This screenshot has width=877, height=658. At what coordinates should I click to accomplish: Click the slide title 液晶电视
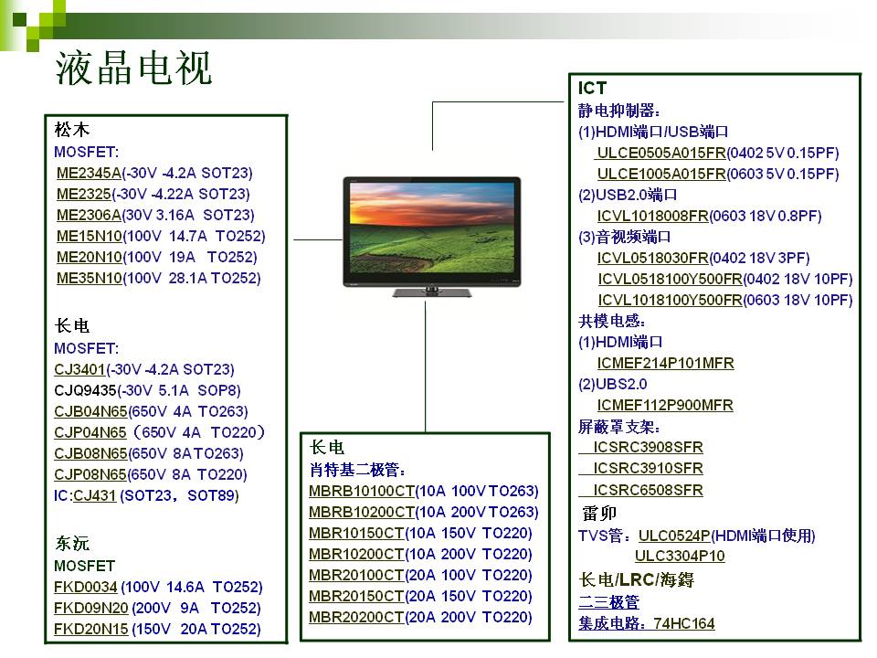pos(133,69)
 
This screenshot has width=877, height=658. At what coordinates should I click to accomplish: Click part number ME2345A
pos(89,173)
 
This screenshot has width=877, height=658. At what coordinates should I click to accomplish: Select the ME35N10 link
pos(89,278)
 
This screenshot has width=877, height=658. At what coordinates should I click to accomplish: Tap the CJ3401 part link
pos(79,369)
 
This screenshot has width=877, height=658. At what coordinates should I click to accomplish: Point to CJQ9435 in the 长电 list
pos(85,390)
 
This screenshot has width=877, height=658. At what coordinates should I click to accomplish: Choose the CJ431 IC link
pos(94,495)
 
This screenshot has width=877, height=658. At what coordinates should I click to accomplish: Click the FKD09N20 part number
pos(90,609)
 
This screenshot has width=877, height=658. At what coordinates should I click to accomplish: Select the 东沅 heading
pos(72,543)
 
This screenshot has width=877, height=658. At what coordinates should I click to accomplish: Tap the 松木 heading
pos(72,130)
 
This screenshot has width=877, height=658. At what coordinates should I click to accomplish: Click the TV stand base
pos(432,292)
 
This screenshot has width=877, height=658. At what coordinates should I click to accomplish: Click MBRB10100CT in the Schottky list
pos(362,492)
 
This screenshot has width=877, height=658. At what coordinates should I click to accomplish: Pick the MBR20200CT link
pos(356,617)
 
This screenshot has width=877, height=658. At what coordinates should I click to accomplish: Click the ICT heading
pos(592,88)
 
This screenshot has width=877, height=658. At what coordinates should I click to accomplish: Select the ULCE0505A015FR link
pos(661,153)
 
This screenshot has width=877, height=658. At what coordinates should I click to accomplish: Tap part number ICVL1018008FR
pos(652,216)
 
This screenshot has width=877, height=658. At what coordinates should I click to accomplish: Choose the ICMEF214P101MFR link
pos(666,363)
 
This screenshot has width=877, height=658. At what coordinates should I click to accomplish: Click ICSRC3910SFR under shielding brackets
pos(649,468)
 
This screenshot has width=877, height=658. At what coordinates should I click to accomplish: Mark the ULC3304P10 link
pos(680,556)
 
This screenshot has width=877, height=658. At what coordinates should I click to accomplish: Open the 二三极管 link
pos(608,602)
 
